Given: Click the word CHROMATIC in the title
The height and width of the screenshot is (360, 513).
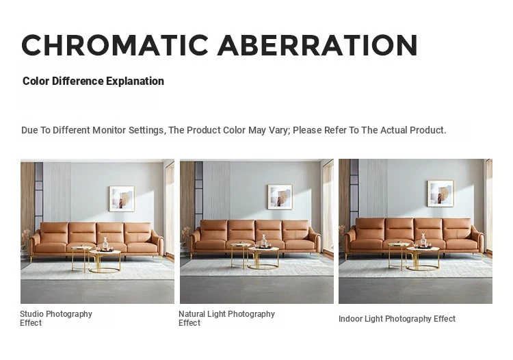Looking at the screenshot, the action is [115, 45].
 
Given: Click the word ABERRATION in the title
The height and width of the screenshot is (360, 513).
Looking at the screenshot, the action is [317, 45].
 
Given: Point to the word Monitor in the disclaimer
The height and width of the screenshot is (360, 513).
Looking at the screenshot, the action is [109, 130].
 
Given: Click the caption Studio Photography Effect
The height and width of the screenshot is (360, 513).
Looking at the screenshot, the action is [56, 318].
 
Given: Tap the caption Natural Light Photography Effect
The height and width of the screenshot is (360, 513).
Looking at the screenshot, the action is [226, 318].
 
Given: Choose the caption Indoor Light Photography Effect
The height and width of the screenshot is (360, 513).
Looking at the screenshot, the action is [397, 319].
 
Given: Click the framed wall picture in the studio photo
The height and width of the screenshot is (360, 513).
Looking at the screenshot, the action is [122, 198].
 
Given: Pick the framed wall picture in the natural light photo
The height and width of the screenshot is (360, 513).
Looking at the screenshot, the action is [280, 196].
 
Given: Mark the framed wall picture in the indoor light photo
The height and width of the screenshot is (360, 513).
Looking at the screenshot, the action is [440, 194].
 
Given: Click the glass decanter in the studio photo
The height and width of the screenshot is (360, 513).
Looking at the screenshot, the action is [105, 244].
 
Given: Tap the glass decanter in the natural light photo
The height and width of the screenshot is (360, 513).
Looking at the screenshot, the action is [264, 240].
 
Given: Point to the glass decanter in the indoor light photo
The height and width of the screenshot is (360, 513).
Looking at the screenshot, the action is [423, 240].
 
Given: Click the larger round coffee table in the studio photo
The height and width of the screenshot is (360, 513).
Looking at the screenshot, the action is [105, 261].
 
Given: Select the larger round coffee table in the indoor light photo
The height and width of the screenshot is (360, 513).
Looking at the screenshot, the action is [423, 259].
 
